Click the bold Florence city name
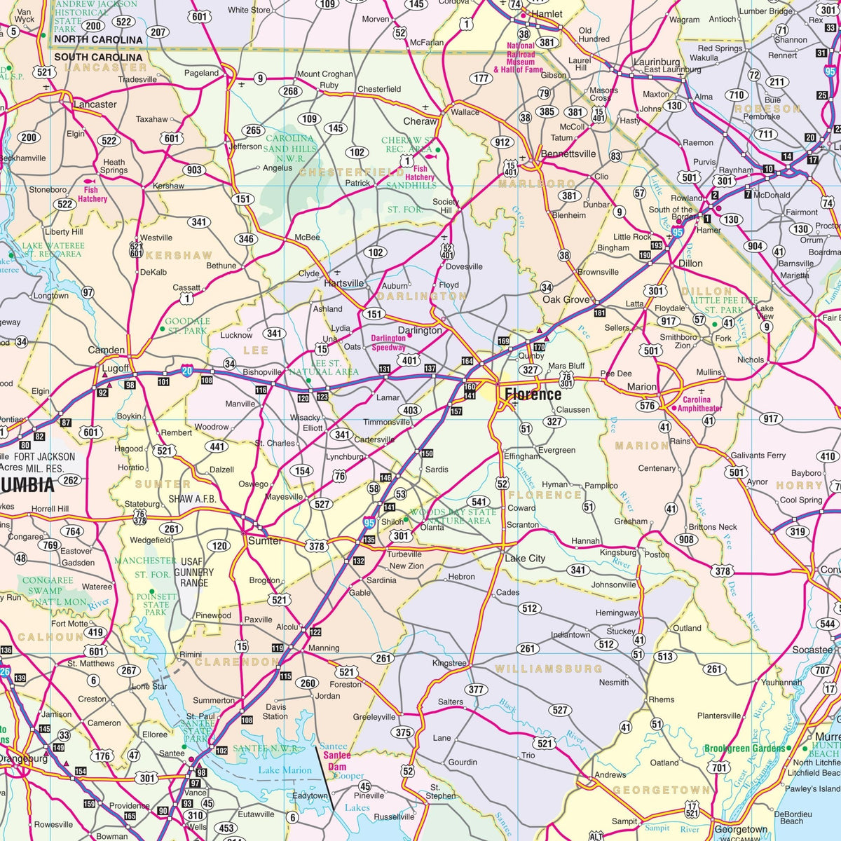pos(533,395)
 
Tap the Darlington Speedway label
pos(388,343)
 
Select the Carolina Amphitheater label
pos(699,404)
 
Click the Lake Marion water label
pos(285,770)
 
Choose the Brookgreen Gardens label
pos(744,748)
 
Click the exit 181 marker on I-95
pos(599,312)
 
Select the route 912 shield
pos(502,142)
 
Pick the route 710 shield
pos(736,95)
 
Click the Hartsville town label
pos(344,283)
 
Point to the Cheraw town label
pos(420,121)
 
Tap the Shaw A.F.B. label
pos(192,499)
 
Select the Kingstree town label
pos(449,663)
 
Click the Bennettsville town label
pos(568,154)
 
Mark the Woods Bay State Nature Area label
pos(453,517)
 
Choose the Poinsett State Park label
pos(156,605)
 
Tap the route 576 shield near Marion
pos(648,406)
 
